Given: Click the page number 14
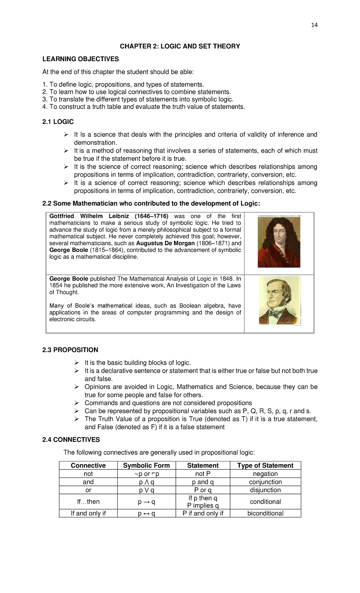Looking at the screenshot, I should point(314,25).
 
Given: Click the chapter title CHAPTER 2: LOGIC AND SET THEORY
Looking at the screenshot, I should point(180,46).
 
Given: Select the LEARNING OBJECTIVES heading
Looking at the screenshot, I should point(80,59).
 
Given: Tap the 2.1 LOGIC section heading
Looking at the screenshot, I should point(58,122).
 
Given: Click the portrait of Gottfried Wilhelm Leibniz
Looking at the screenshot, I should point(279,242).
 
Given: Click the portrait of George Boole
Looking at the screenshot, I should point(279,300).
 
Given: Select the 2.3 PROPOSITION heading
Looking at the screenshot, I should point(70,350).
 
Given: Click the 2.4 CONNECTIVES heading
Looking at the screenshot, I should point(71,439).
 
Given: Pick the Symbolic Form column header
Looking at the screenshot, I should point(146,465).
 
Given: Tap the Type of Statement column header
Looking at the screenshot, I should point(265,465).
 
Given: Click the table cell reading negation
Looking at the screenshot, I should point(265,474).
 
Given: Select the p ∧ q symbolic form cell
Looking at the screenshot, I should point(146,482).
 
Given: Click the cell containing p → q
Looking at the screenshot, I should point(146,501).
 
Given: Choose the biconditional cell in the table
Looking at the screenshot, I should point(265,513).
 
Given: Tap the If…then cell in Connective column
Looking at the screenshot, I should point(88,501).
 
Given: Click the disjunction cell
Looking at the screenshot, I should point(265,490).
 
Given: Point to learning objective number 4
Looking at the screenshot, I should point(143,107).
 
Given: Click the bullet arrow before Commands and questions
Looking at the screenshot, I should point(77,403).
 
